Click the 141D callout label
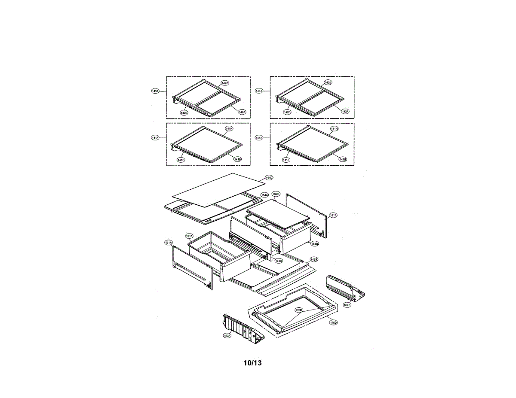point(269,177)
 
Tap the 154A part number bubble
point(264,194)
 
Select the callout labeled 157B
point(276,194)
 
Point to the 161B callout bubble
point(333,215)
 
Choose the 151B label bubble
point(315,243)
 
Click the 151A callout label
point(189,236)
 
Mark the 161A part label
point(168,243)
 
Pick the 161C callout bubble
point(279,261)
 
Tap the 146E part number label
point(314,259)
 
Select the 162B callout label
point(347,304)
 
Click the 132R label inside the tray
point(299,310)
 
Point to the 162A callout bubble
point(227,336)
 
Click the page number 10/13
point(252,363)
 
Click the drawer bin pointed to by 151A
point(219,255)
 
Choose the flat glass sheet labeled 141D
point(215,189)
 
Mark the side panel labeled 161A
point(191,268)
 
